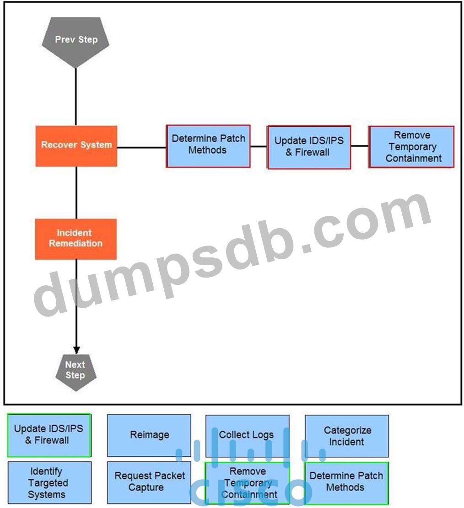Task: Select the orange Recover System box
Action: (76, 145)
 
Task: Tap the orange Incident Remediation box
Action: (76, 239)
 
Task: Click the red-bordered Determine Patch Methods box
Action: (208, 145)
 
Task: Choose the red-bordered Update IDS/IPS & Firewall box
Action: (309, 147)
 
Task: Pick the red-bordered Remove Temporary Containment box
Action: (412, 147)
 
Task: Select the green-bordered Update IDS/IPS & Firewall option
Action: (49, 435)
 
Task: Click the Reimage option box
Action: (149, 435)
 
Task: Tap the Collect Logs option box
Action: (247, 435)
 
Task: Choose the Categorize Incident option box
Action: (347, 436)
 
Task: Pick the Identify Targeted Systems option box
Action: (49, 482)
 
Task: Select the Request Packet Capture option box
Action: (149, 482)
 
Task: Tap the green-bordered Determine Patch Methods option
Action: (346, 482)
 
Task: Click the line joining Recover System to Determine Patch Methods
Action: (141, 147)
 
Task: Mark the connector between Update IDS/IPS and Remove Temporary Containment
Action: (360, 146)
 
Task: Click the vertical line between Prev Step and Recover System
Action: (76, 96)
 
